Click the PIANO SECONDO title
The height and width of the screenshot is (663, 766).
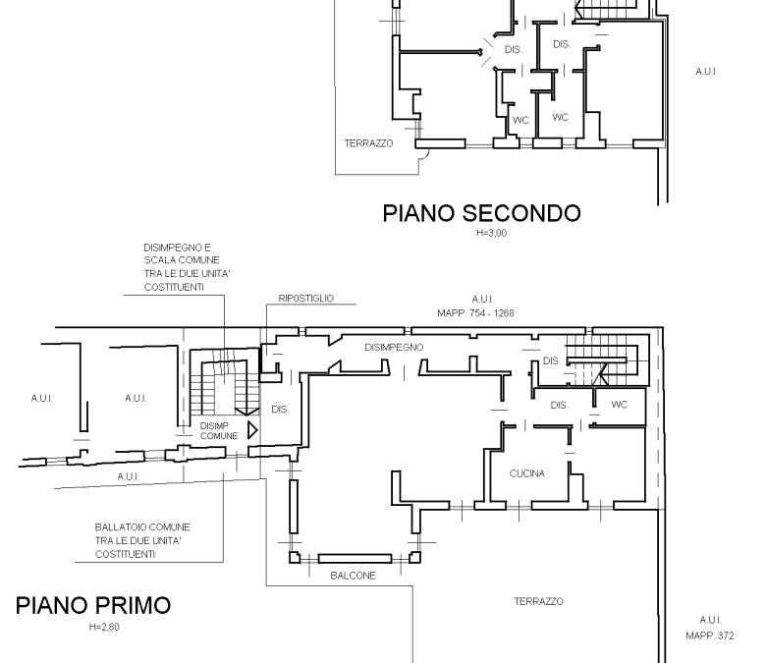(x=481, y=213)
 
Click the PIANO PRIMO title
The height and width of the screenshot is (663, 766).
(x=93, y=605)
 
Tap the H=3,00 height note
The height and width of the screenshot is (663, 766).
(x=491, y=233)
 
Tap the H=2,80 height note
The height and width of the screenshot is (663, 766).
(x=104, y=627)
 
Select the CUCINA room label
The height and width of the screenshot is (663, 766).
(x=527, y=473)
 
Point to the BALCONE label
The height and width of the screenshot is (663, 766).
(x=354, y=576)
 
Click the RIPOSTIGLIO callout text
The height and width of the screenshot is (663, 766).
(x=306, y=298)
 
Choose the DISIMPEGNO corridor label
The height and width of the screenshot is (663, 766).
(x=394, y=348)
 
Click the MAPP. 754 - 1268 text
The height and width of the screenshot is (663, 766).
(x=476, y=313)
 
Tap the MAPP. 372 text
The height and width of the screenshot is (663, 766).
(x=710, y=635)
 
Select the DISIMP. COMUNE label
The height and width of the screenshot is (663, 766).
(x=219, y=431)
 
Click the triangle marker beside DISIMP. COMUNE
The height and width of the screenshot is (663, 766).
(x=252, y=430)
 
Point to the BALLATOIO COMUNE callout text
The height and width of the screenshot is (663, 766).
(x=142, y=540)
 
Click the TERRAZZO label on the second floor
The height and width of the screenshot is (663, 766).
(x=368, y=143)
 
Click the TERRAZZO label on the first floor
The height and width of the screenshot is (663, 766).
(x=538, y=601)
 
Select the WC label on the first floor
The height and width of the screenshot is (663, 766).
(x=619, y=405)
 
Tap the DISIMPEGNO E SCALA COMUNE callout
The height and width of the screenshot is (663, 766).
(x=188, y=267)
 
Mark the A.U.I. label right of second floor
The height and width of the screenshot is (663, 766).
(x=706, y=72)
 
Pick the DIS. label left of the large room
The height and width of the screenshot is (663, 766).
(x=280, y=409)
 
